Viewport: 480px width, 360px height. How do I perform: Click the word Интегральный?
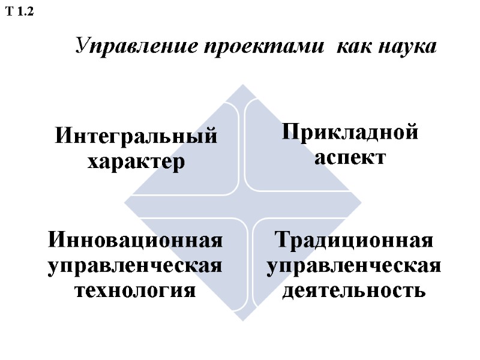(x=136, y=136)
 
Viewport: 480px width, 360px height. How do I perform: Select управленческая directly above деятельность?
(x=354, y=265)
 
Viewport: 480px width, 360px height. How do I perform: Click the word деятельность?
(x=354, y=291)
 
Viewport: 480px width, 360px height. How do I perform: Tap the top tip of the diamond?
(x=244, y=85)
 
